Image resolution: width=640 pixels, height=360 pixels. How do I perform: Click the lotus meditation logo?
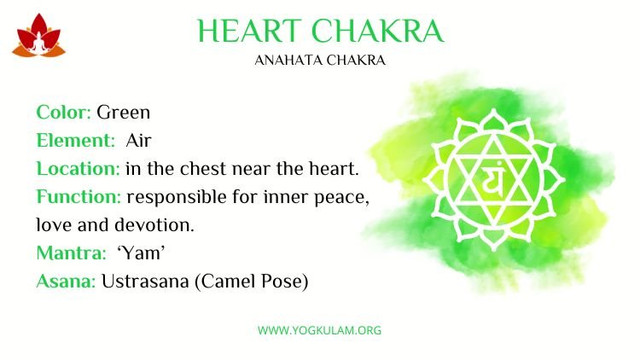click(38, 36)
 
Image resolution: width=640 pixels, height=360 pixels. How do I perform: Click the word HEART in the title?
click(249, 31)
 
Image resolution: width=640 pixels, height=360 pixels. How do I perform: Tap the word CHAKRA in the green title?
click(377, 31)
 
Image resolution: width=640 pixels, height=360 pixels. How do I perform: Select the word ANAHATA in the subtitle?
click(288, 61)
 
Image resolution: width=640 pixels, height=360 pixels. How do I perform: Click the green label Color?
click(64, 113)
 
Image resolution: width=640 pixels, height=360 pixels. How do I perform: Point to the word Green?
click(123, 113)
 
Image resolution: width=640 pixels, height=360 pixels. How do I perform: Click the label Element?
click(76, 141)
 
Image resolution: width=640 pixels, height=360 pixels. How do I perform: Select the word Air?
click(139, 141)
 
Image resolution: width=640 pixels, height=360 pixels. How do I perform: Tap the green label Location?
click(78, 169)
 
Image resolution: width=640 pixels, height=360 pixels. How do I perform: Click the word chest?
click(203, 169)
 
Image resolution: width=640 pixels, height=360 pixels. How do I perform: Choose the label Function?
click(79, 197)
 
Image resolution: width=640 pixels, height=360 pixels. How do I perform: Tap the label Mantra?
click(71, 253)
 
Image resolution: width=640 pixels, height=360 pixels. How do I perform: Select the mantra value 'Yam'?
click(141, 253)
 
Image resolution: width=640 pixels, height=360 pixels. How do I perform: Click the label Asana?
click(66, 282)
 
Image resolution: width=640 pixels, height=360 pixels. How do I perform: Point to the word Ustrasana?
click(145, 282)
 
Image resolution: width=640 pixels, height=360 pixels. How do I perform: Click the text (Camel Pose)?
click(252, 282)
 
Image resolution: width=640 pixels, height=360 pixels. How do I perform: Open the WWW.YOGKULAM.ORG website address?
click(320, 330)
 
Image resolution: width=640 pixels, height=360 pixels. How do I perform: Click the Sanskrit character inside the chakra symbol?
click(493, 180)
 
